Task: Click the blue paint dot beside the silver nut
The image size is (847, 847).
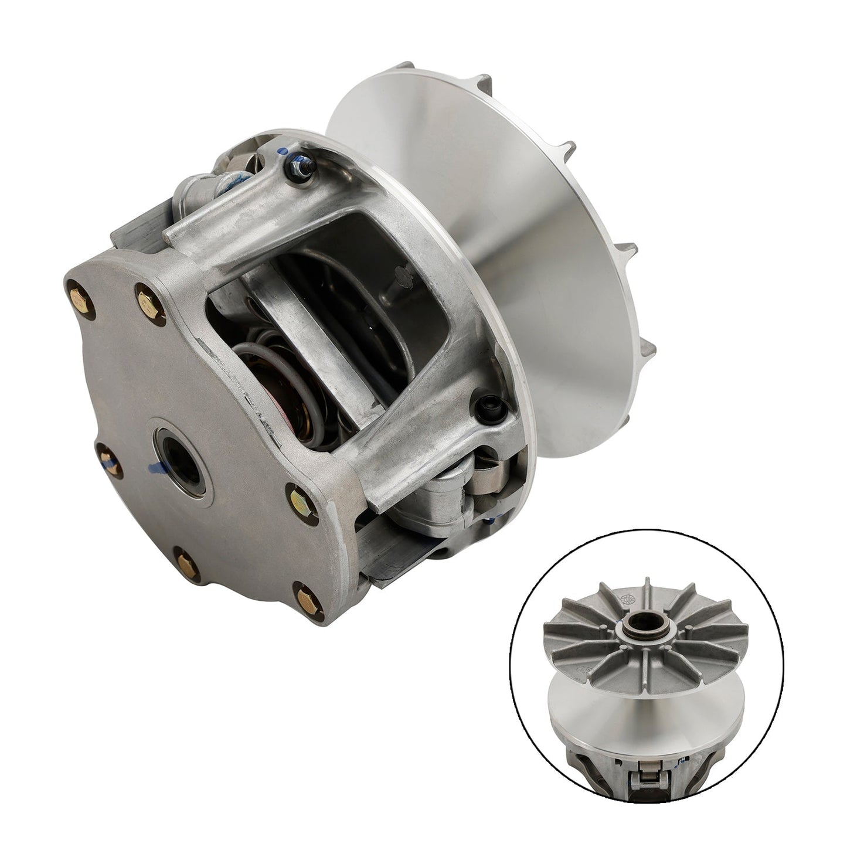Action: (x=284, y=152)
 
